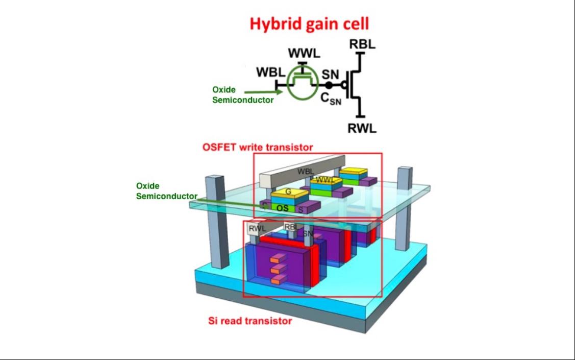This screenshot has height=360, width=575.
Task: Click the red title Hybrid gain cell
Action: [x=309, y=24]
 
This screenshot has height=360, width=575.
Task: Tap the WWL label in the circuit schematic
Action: [x=304, y=53]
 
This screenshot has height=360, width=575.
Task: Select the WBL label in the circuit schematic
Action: [x=270, y=73]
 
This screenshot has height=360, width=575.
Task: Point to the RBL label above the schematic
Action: [x=362, y=44]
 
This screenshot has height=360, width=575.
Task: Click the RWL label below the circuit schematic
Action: [x=362, y=129]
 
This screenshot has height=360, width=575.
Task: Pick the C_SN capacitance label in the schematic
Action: [x=331, y=99]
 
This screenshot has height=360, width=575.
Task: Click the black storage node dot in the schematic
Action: [x=329, y=85]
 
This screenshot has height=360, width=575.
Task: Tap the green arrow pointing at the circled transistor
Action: [x=263, y=92]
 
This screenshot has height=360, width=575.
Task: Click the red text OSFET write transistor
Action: [x=258, y=148]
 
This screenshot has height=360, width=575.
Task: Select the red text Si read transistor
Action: [x=250, y=321]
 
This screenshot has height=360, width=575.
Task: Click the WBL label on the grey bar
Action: [x=306, y=172]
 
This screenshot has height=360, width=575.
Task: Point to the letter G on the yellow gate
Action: [x=288, y=191]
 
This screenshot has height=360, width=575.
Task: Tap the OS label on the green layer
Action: [x=282, y=208]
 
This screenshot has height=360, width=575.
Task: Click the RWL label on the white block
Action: [x=257, y=229]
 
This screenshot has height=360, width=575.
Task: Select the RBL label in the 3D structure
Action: [x=291, y=227]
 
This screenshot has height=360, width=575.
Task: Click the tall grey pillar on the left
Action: [x=217, y=222]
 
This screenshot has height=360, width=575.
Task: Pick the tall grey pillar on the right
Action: [x=404, y=208]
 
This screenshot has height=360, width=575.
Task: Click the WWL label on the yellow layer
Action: [x=326, y=180]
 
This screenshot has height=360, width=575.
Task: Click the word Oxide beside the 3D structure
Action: [x=148, y=186]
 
